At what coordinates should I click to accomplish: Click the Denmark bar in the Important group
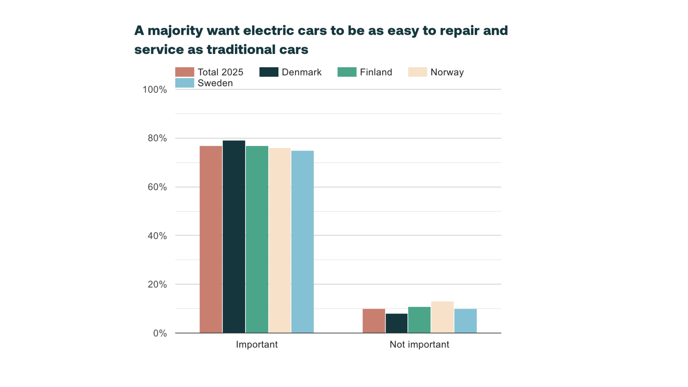click(234, 237)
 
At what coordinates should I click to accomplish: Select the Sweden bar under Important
click(302, 242)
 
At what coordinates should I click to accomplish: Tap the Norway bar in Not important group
click(442, 317)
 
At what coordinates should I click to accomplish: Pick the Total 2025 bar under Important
click(211, 239)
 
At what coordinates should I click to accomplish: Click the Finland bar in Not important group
click(419, 320)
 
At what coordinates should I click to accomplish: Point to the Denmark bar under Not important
click(397, 323)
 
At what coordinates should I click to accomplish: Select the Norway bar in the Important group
click(280, 240)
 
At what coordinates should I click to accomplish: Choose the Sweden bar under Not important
click(465, 321)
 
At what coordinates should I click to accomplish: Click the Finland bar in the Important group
click(257, 239)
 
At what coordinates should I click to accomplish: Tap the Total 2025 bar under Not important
click(374, 321)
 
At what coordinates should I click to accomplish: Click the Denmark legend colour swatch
click(269, 72)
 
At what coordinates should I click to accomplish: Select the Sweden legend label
click(215, 83)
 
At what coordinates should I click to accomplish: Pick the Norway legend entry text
click(447, 72)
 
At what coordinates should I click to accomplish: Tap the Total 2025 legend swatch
click(184, 72)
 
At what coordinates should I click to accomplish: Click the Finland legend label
click(376, 72)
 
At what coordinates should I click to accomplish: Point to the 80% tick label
click(157, 138)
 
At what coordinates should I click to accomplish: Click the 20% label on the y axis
click(157, 285)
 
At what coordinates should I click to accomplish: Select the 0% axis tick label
click(160, 333)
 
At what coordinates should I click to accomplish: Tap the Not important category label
click(419, 345)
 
